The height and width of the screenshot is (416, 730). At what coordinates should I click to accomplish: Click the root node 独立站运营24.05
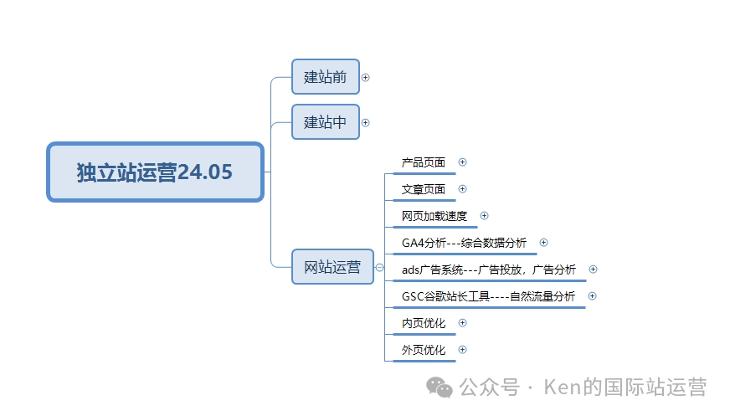tap(155, 172)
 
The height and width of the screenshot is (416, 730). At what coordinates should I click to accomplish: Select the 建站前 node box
tap(325, 77)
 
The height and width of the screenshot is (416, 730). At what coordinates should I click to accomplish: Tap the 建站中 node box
tap(325, 122)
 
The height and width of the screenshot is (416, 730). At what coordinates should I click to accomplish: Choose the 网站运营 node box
tap(332, 267)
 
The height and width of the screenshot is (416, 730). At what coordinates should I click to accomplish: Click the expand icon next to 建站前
tap(365, 77)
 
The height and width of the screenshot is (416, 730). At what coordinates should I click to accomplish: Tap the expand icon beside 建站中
tap(365, 122)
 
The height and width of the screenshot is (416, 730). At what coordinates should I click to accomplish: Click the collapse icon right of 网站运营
tap(380, 268)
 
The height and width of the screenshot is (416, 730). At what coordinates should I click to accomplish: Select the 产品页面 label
tap(424, 162)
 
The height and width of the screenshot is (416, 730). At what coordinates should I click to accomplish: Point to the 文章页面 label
tap(424, 189)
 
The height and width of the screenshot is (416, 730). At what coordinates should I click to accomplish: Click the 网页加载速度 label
tap(434, 216)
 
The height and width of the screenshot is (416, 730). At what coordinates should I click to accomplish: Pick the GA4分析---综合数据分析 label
tap(464, 243)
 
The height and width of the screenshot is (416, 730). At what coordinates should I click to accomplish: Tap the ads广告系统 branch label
tap(489, 270)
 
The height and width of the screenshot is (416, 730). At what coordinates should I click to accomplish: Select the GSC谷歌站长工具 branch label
tap(488, 296)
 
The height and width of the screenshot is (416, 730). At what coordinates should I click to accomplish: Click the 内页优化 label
tap(424, 323)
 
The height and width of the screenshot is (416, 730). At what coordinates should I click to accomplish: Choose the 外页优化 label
tap(424, 350)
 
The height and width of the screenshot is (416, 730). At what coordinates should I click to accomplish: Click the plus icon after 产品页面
tap(463, 162)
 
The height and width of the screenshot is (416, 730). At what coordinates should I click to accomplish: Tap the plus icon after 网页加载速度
tap(484, 216)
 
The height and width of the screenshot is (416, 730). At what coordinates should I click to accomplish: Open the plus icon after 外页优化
tap(463, 350)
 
